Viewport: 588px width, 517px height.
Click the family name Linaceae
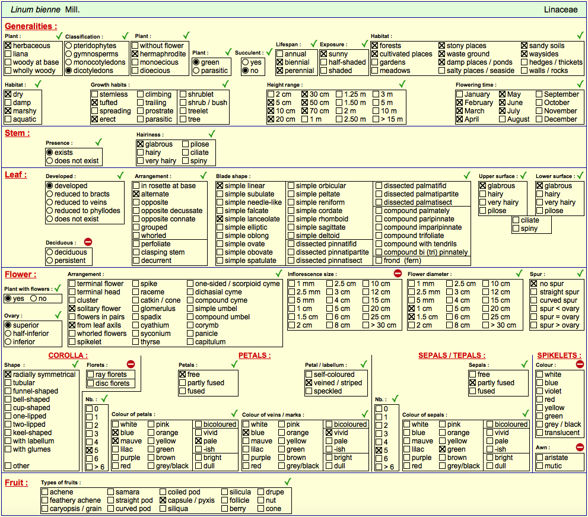[561, 9]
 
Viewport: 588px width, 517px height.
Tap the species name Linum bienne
[35, 9]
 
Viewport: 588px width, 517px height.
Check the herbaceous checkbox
[8, 45]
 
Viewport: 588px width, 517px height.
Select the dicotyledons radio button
[69, 70]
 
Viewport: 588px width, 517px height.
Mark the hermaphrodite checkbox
[135, 53]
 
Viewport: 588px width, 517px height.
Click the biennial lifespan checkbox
[279, 62]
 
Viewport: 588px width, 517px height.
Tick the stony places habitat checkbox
[442, 45]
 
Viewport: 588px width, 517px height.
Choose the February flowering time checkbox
[460, 103]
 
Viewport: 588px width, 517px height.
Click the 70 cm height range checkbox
[304, 110]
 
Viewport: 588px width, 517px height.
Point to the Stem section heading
[17, 133]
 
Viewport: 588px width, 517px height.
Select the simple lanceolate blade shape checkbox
[220, 218]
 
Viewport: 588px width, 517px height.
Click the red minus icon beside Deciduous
[88, 242]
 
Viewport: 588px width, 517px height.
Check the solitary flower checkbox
[72, 309]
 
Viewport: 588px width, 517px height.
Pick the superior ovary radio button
[8, 325]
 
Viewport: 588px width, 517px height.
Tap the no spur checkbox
[534, 284]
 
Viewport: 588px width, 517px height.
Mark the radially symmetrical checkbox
[8, 375]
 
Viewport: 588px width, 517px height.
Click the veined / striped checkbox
[309, 383]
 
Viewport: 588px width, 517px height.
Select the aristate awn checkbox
[539, 457]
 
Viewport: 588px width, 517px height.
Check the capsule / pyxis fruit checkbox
[163, 500]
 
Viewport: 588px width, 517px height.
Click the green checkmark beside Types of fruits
[288, 482]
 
